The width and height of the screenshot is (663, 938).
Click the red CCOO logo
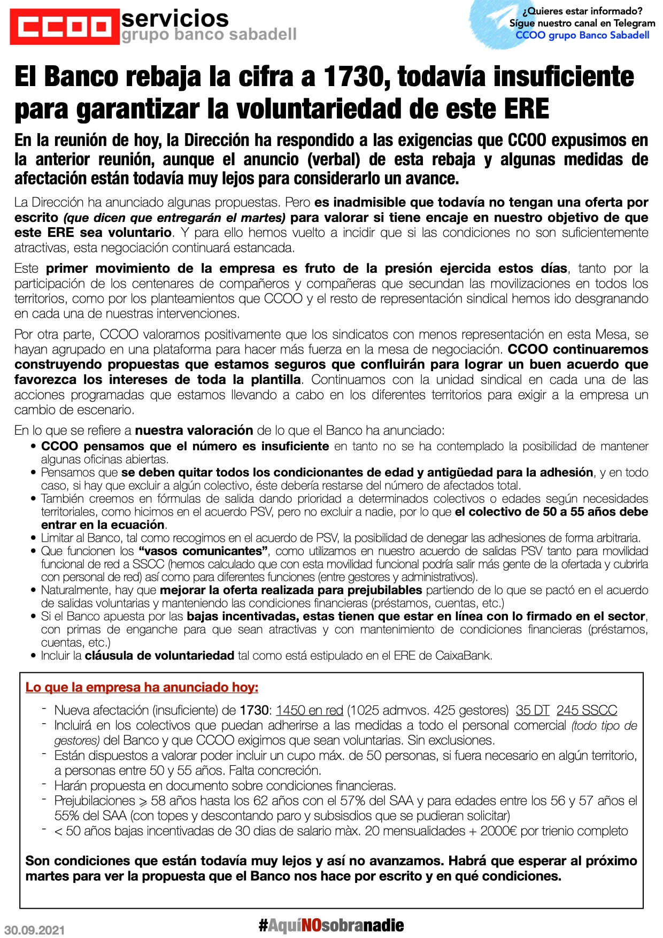64,26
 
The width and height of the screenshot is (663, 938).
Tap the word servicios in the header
175,18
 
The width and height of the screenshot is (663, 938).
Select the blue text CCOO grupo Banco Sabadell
582,35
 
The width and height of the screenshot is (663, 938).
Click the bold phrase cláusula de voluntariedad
159,655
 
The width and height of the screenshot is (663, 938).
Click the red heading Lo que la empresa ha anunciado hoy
142,687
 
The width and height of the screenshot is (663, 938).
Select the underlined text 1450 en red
309,710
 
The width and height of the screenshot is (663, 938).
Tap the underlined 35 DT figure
533,710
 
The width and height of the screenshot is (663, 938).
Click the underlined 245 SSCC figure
587,710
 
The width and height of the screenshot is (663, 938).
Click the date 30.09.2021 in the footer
34,930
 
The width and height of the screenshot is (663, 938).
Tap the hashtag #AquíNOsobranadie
331,925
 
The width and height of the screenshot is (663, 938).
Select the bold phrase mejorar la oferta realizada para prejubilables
291,590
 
